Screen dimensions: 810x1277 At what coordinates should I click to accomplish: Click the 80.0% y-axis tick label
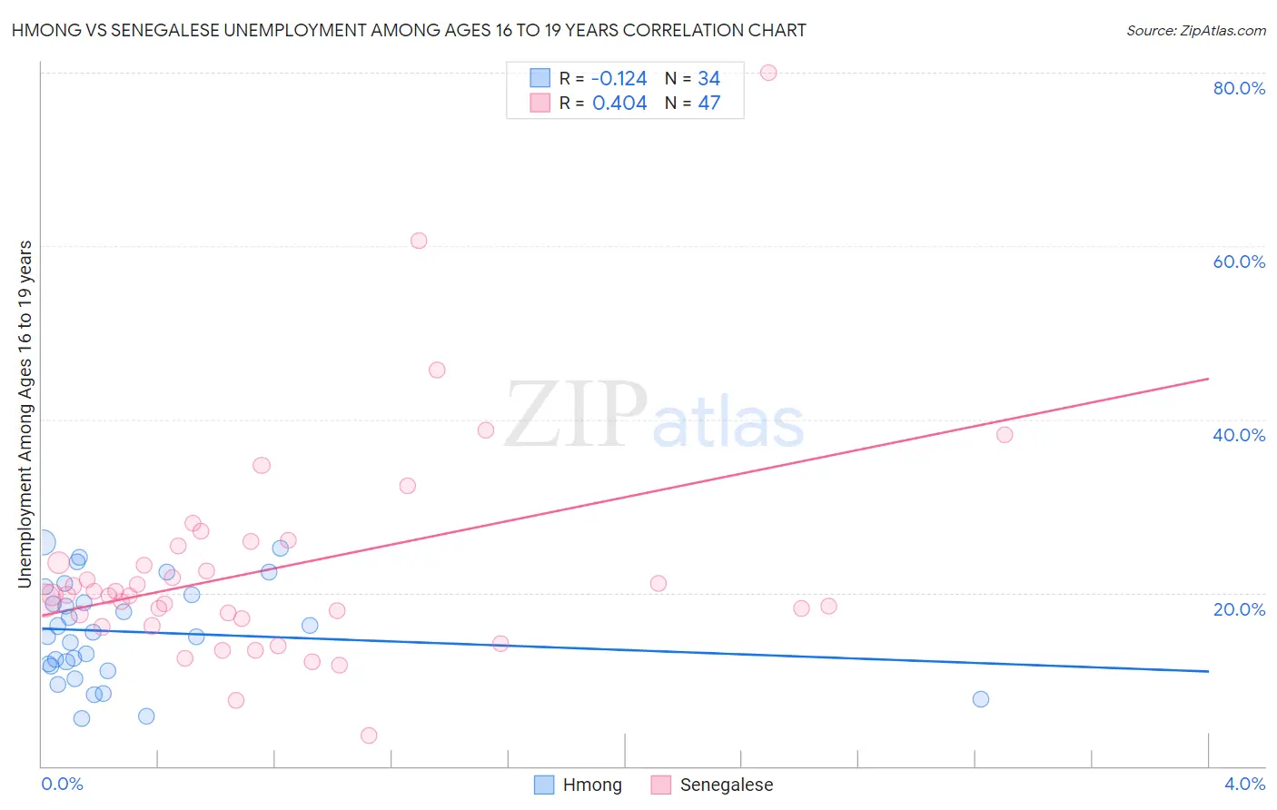tap(1239, 88)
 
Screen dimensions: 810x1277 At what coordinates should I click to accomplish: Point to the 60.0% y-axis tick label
tap(1239, 262)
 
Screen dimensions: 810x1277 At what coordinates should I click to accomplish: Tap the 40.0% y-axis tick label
tap(1239, 435)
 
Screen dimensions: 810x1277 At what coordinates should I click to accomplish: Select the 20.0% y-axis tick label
tap(1239, 609)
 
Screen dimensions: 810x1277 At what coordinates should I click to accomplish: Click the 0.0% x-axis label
tap(62, 784)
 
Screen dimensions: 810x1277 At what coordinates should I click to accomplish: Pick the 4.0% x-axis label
tap(1244, 784)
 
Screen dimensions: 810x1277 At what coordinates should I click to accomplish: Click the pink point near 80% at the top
tap(768, 73)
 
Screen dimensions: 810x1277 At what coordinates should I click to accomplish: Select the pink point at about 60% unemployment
tap(419, 241)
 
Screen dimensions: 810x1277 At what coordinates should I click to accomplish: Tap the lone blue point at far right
tap(981, 699)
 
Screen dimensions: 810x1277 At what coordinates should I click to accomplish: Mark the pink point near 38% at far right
tap(1005, 435)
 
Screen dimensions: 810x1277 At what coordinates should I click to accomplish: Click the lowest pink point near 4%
tap(369, 736)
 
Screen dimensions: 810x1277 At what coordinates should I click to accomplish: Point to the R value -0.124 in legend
tap(619, 79)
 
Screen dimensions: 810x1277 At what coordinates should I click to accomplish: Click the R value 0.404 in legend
tap(619, 104)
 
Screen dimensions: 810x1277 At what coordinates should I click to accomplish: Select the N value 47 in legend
tap(709, 104)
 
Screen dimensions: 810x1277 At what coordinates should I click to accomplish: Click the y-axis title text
tap(25, 414)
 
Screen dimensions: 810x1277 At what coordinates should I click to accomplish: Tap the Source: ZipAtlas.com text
tap(1196, 31)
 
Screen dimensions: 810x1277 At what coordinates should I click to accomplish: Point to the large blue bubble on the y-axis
tap(42, 543)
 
